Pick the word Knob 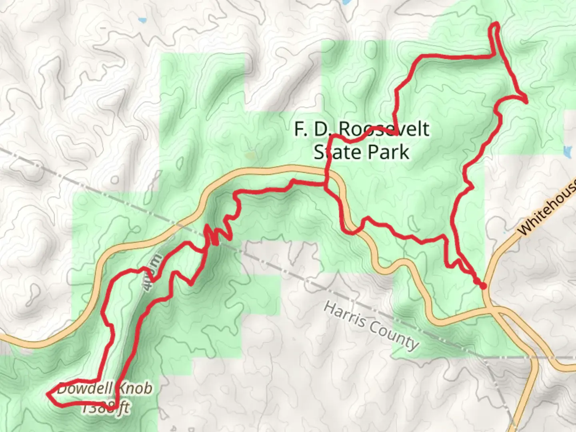(x=134, y=388)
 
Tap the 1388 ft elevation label (x=106, y=408)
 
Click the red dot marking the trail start (x=483, y=286)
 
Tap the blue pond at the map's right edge (x=567, y=151)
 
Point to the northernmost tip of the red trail (x=496, y=24)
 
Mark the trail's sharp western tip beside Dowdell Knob (x=48, y=394)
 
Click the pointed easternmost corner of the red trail (x=526, y=102)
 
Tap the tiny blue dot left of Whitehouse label (x=504, y=232)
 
